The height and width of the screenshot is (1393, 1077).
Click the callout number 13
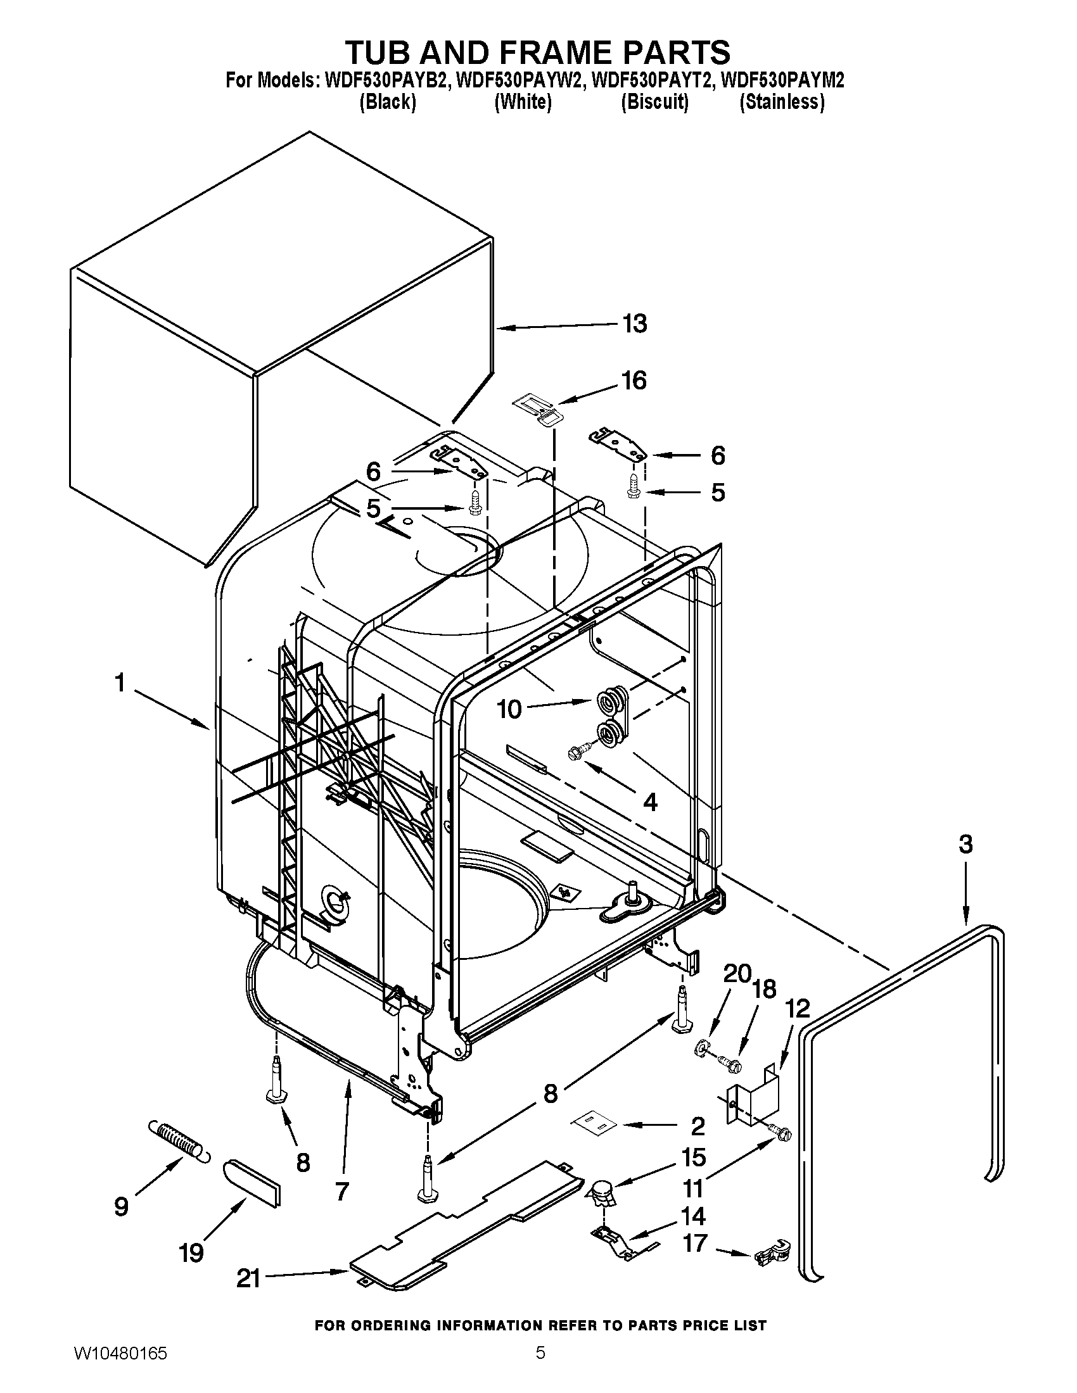pyautogui.click(x=634, y=324)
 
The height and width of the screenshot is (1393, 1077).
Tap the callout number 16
pyautogui.click(x=634, y=380)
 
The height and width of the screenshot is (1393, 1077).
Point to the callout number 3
pyautogui.click(x=965, y=845)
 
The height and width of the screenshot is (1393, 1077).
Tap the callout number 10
pyautogui.click(x=509, y=709)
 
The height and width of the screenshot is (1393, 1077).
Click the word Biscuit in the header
pyautogui.click(x=654, y=102)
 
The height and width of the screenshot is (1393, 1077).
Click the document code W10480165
pyautogui.click(x=120, y=1366)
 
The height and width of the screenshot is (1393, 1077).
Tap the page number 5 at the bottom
pyautogui.click(x=540, y=1366)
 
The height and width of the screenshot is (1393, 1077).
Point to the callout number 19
pyautogui.click(x=191, y=1252)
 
